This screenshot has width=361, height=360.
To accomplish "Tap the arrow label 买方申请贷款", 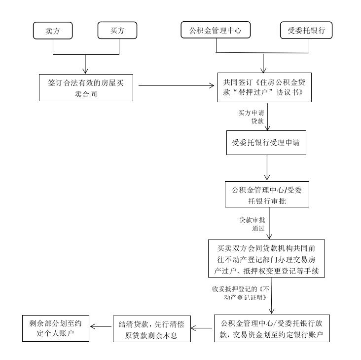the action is click(x=252, y=117).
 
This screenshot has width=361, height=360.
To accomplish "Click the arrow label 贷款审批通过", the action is click(x=253, y=224).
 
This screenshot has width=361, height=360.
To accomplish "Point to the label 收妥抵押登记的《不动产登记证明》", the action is click(x=241, y=293).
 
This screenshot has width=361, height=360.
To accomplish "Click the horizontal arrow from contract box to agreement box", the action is click(x=176, y=85).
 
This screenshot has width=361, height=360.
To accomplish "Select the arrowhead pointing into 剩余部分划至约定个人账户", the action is click(x=93, y=326).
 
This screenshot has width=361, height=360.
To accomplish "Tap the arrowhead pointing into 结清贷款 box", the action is click(x=194, y=328).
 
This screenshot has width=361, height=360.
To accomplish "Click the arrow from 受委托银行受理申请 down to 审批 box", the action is click(x=267, y=167).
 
